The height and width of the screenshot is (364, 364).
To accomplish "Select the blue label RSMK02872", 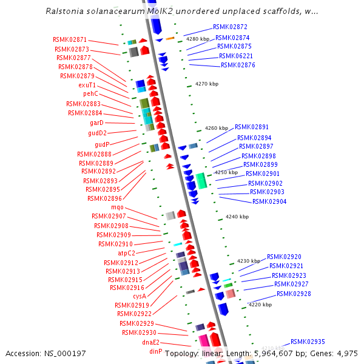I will click(230, 27).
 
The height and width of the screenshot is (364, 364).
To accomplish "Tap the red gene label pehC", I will click(90, 94).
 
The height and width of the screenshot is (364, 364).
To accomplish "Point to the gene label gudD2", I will click(97, 133).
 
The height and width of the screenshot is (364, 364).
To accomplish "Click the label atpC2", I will click(126, 253).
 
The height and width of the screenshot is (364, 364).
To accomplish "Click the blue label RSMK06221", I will click(236, 56).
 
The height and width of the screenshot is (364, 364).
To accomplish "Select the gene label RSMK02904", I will click(269, 201).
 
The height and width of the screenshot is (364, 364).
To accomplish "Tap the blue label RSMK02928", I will click(294, 294).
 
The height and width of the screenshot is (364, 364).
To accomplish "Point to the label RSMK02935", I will click(308, 342).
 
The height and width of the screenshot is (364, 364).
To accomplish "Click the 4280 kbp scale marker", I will click(197, 39).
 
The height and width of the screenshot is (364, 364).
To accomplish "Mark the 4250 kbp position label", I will click(226, 172).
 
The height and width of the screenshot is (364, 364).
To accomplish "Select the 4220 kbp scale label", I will click(260, 305).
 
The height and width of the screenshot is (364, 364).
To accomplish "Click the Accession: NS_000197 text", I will click(45, 354).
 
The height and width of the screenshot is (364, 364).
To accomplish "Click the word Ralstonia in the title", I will click(66, 12).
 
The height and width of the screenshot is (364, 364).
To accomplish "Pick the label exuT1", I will click(87, 85).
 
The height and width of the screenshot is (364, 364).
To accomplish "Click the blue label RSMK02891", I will click(252, 127).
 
